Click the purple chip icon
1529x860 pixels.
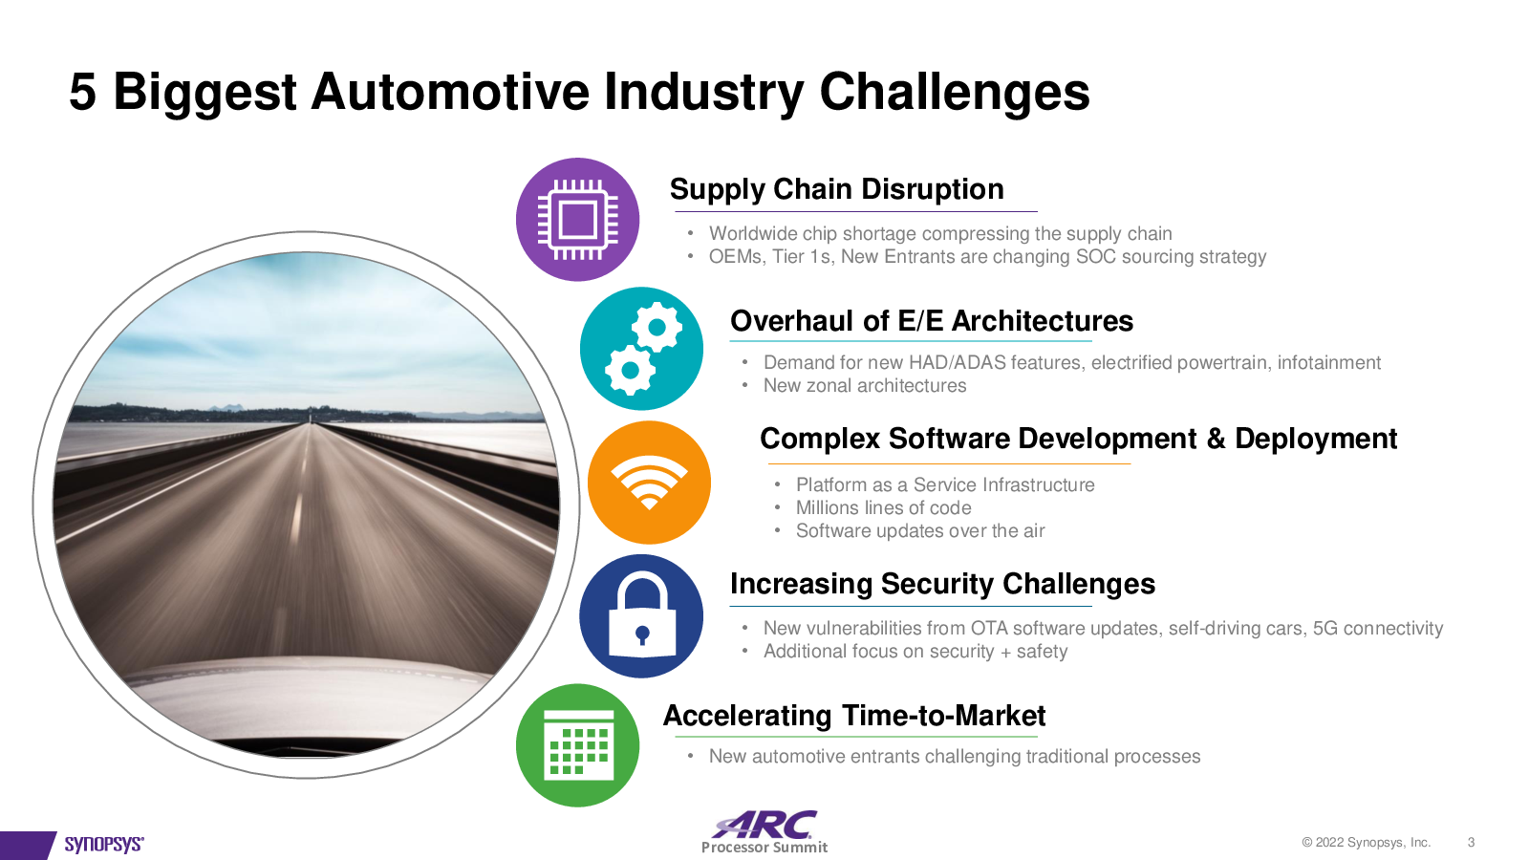click(x=577, y=220)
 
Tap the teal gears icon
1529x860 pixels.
click(x=641, y=348)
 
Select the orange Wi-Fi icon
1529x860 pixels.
click(x=649, y=483)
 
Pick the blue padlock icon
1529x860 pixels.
click(x=641, y=615)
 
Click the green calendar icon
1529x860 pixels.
click(x=577, y=745)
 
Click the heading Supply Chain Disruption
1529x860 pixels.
click(x=837, y=190)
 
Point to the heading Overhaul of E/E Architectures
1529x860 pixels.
click(x=932, y=321)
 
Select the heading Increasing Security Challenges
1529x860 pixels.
click(x=942, y=584)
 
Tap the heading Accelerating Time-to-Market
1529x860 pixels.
click(x=854, y=716)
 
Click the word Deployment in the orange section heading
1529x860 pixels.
click(x=1316, y=439)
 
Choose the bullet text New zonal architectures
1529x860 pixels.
click(x=865, y=386)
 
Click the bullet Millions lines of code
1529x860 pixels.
click(x=883, y=507)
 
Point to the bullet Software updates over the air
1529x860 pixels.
click(x=920, y=531)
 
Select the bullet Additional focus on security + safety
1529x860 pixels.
click(x=915, y=651)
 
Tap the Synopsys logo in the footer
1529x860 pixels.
click(x=104, y=845)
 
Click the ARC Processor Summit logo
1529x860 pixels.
click(x=764, y=832)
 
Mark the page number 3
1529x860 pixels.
click(x=1471, y=842)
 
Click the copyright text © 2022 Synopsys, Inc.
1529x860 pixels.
click(x=1366, y=842)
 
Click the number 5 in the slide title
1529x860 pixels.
click(x=82, y=92)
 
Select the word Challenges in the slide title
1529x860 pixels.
click(x=955, y=93)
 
